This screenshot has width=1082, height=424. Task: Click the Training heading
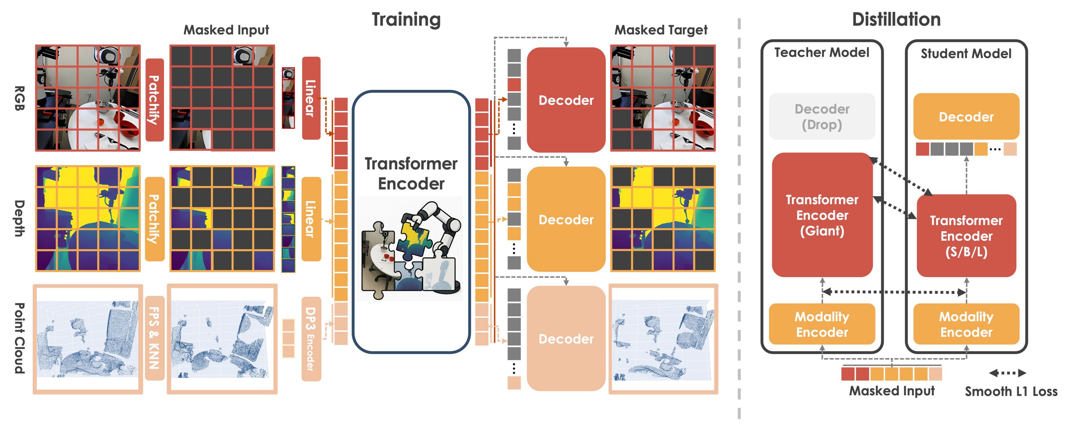point(406,20)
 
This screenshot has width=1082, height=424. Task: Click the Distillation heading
point(896,20)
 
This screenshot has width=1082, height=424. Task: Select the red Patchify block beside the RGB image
point(154,100)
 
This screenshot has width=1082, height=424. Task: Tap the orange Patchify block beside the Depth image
point(154,219)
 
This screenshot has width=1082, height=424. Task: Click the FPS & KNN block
point(154,338)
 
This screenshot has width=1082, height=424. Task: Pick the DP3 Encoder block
point(311,339)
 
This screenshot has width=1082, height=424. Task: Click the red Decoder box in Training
point(565,100)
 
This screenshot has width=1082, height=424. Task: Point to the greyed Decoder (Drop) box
point(822,116)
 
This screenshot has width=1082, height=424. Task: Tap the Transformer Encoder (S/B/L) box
point(966,236)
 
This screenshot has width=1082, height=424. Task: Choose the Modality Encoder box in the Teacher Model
point(822,324)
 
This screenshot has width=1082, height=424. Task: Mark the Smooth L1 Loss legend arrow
point(1007,373)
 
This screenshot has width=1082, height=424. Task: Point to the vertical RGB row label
point(19,98)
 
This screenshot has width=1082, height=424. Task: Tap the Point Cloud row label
point(19,338)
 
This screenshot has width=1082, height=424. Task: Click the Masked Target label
point(661,30)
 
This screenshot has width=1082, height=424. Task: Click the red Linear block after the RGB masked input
point(311,98)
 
